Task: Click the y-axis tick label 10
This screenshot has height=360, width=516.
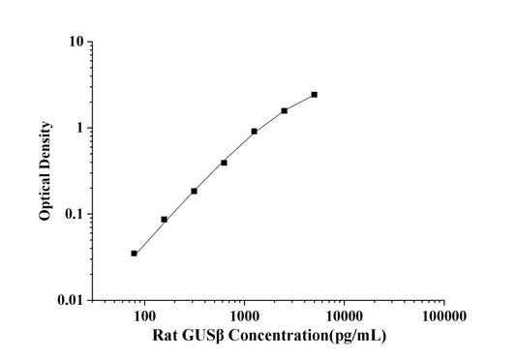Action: pyautogui.click(x=74, y=43)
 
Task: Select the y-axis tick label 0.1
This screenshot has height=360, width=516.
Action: pyautogui.click(x=73, y=214)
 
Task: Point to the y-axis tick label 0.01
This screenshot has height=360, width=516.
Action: pyautogui.click(x=70, y=300)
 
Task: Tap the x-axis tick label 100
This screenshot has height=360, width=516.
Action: pyautogui.click(x=144, y=316)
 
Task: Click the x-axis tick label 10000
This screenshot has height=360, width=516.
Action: pyautogui.click(x=344, y=316)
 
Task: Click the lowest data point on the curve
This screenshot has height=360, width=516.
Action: pyautogui.click(x=135, y=254)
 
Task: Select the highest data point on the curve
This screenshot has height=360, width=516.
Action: pyautogui.click(x=315, y=95)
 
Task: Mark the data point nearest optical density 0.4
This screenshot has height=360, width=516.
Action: pyautogui.click(x=225, y=163)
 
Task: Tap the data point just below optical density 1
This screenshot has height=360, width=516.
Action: pyautogui.click(x=255, y=132)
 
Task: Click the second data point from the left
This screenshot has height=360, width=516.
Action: pyautogui.click(x=165, y=220)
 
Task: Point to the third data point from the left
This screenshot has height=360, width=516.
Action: pyautogui.click(x=195, y=191)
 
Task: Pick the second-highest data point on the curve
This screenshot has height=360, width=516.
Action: pyautogui.click(x=285, y=110)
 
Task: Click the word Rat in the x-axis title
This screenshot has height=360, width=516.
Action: pyautogui.click(x=166, y=336)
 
